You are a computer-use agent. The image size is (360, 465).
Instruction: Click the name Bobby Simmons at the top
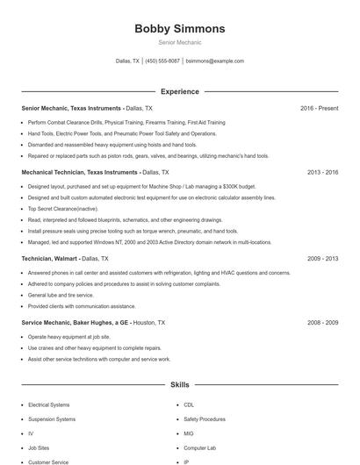tap(180, 29)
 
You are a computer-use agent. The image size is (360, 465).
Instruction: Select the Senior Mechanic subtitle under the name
tap(180, 42)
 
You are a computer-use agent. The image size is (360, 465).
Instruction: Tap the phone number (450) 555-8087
tap(162, 61)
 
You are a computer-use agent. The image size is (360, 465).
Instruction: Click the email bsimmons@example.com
tap(215, 61)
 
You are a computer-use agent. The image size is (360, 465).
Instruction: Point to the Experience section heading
tap(180, 91)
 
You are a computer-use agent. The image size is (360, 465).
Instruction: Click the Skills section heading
tap(180, 385)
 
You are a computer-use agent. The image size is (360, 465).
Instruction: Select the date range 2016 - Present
tap(319, 108)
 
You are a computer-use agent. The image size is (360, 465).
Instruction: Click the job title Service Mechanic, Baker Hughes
tap(75, 323)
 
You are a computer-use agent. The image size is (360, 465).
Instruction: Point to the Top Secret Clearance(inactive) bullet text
tap(63, 209)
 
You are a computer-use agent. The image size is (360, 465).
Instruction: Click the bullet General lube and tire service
tap(61, 296)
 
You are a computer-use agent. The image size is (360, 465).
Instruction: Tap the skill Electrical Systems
tap(48, 405)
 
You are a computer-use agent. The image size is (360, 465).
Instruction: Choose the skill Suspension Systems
tap(52, 419)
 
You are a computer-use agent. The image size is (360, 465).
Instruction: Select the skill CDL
tap(189, 405)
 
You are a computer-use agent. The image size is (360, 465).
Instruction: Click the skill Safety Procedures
tap(205, 419)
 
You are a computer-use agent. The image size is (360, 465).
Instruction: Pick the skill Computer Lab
tap(200, 447)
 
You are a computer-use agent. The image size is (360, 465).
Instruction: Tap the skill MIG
tap(189, 433)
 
